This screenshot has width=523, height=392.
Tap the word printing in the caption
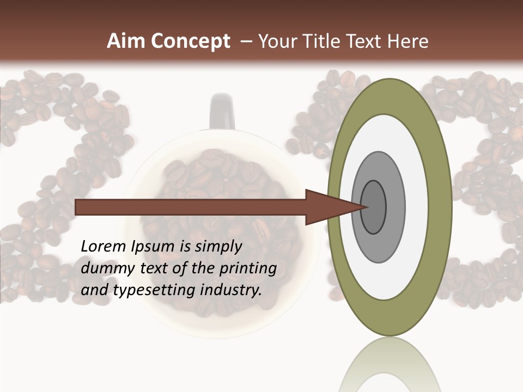coord(247,268)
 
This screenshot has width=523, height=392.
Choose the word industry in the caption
coord(231,290)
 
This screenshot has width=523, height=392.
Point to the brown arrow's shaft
coord(191,207)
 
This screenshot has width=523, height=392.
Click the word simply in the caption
coord(218,246)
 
